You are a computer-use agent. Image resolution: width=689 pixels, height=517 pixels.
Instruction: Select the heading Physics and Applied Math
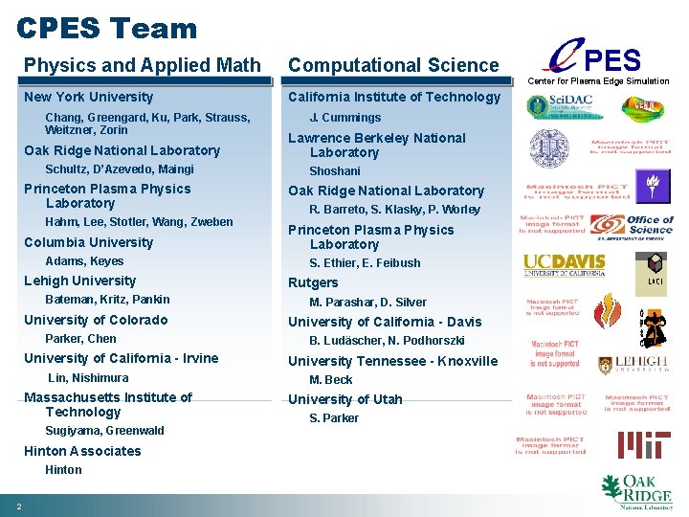[143, 65]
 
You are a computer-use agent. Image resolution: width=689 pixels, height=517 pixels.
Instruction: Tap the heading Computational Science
[393, 65]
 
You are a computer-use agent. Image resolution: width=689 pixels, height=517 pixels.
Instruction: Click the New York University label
[88, 97]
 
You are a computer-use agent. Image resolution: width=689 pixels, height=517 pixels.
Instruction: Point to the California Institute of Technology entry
[393, 97]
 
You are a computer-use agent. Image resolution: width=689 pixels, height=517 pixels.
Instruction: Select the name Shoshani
[335, 171]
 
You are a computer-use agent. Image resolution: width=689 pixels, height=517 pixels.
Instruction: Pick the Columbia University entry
[88, 242]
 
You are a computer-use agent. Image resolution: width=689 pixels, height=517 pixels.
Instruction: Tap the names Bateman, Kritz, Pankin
[107, 300]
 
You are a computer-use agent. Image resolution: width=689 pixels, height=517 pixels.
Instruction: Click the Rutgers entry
[313, 282]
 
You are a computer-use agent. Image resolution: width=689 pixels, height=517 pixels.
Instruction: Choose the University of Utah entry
[345, 399]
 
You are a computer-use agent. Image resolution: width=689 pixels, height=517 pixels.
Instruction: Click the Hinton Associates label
[82, 451]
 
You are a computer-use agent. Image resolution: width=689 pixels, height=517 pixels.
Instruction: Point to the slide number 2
[19, 506]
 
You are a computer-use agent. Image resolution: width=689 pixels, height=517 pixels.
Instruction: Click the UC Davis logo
[564, 264]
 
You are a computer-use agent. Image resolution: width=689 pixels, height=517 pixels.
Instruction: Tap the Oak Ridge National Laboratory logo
[635, 491]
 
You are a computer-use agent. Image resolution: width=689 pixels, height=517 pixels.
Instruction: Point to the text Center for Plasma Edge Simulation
[598, 81]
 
